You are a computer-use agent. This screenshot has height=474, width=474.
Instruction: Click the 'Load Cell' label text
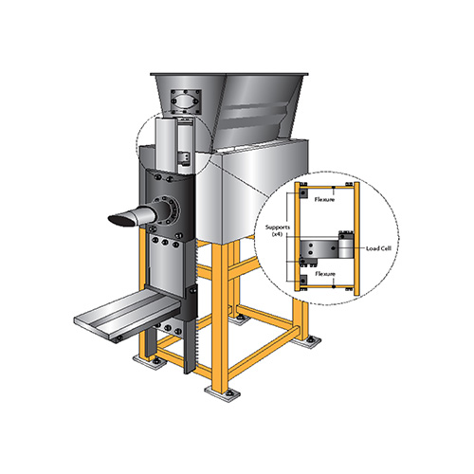click(x=378, y=248)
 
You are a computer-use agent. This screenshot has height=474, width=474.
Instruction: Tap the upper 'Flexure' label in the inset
click(x=324, y=200)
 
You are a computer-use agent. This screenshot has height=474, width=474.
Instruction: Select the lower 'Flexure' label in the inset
click(x=325, y=274)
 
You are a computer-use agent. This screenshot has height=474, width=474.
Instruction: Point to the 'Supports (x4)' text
click(x=277, y=230)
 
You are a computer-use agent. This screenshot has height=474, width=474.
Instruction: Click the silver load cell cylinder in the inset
click(x=346, y=247)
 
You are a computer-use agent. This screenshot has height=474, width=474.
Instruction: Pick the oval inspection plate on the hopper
click(x=186, y=102)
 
